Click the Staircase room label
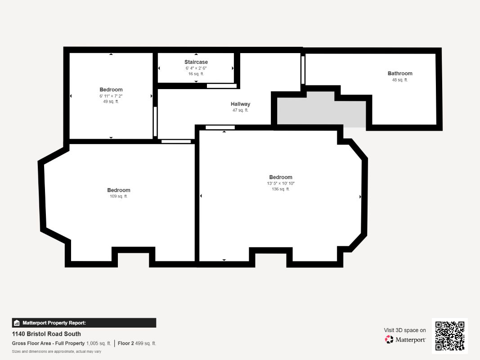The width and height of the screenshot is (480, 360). tap(196, 62)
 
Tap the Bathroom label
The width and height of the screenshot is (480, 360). tap(400, 73)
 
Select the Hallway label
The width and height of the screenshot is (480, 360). tap(240, 104)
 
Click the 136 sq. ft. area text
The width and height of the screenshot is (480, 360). tap(281, 189)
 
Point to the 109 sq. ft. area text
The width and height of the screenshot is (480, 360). tap(118, 196)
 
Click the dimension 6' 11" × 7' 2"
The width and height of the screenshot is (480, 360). tap(111, 96)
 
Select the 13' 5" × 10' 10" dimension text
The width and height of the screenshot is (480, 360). tap(281, 183)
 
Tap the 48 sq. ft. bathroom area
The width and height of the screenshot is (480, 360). tap(400, 80)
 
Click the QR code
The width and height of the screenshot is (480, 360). tap(450, 336)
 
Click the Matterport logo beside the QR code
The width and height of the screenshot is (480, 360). tap(405, 339)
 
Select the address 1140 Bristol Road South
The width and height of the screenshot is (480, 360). tap(46, 334)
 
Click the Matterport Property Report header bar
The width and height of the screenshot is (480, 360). tap(84, 323)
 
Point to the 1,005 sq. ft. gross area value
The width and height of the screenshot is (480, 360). tap(99, 343)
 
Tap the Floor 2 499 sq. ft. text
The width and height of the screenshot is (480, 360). tap(137, 343)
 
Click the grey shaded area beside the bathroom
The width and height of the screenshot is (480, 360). tap(321, 111)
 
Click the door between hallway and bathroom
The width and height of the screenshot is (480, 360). tap(303, 70)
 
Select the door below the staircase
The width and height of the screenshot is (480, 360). tap(222, 86)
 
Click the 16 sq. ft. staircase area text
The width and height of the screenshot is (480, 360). tap(196, 74)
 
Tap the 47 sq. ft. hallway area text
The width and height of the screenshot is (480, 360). tap(240, 110)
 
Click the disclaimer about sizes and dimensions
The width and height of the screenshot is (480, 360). tap(57, 351)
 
